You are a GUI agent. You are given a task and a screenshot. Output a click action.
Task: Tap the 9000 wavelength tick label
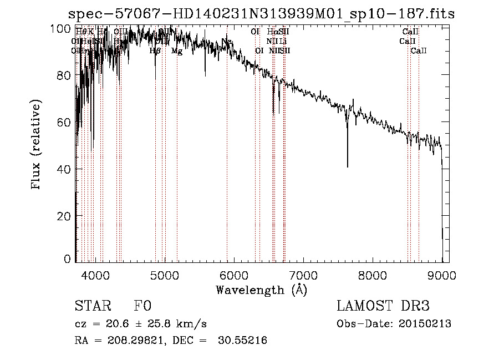442,274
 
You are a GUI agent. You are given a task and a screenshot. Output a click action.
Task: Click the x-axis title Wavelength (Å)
261,290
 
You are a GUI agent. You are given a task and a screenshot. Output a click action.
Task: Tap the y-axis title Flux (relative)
37,145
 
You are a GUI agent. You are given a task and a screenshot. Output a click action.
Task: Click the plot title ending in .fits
261,14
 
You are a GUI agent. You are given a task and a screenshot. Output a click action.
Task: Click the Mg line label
176,51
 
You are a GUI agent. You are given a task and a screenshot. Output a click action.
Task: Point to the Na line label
226,42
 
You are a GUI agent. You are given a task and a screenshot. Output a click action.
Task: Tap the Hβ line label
155,51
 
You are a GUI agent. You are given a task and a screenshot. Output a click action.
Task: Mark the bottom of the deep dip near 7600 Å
348,166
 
